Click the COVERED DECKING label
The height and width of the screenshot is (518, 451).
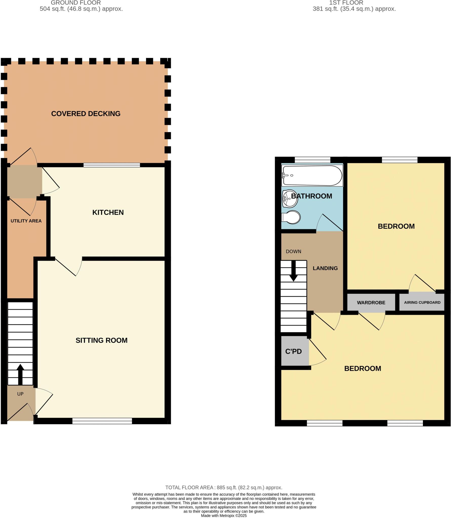(86, 114)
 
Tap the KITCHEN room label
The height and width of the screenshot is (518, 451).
(108, 212)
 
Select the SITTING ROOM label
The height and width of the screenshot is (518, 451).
(101, 340)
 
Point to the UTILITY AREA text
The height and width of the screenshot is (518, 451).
(26, 221)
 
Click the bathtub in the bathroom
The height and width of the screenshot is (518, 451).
(312, 175)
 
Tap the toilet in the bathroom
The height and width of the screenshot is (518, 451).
(291, 217)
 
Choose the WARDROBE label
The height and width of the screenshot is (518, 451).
(371, 303)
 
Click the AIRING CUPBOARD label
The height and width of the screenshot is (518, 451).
(422, 303)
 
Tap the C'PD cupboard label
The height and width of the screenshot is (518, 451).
(293, 352)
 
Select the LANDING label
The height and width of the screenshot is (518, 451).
(325, 268)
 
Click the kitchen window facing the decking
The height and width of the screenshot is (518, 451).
(112, 165)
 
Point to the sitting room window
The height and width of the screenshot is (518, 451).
(102, 421)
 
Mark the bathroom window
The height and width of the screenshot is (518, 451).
(312, 160)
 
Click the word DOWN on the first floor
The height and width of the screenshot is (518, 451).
(293, 251)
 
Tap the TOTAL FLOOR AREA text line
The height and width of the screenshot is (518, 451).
(224, 487)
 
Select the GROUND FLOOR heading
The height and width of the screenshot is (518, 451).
(76, 3)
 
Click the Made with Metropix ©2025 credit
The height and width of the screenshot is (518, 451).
(224, 515)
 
